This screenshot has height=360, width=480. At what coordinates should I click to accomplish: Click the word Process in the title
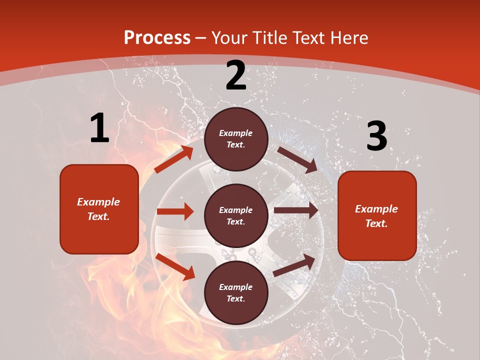pyautogui.click(x=157, y=38)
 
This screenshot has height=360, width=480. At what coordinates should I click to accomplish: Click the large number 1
pyautogui.click(x=99, y=128)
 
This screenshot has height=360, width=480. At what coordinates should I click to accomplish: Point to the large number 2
pyautogui.click(x=236, y=75)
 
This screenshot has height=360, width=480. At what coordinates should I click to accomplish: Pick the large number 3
pyautogui.click(x=376, y=136)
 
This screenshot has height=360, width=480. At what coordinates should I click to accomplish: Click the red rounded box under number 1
pyautogui.click(x=99, y=209)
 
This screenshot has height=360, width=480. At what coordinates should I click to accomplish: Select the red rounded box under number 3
pyautogui.click(x=377, y=215)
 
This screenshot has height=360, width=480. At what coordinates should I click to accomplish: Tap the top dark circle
pyautogui.click(x=236, y=139)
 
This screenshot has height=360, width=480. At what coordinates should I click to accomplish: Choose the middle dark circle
pyautogui.click(x=236, y=215)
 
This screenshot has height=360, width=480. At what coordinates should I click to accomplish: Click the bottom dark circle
pyautogui.click(x=236, y=292)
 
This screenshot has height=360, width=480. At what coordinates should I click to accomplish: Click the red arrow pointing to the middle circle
pyautogui.click(x=175, y=211)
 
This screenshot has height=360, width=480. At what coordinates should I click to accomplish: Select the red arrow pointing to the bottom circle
pyautogui.click(x=175, y=266)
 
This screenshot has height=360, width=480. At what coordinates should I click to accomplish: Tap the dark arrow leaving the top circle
pyautogui.click(x=297, y=159)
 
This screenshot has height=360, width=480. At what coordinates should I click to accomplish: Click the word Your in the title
pyautogui.click(x=231, y=38)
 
